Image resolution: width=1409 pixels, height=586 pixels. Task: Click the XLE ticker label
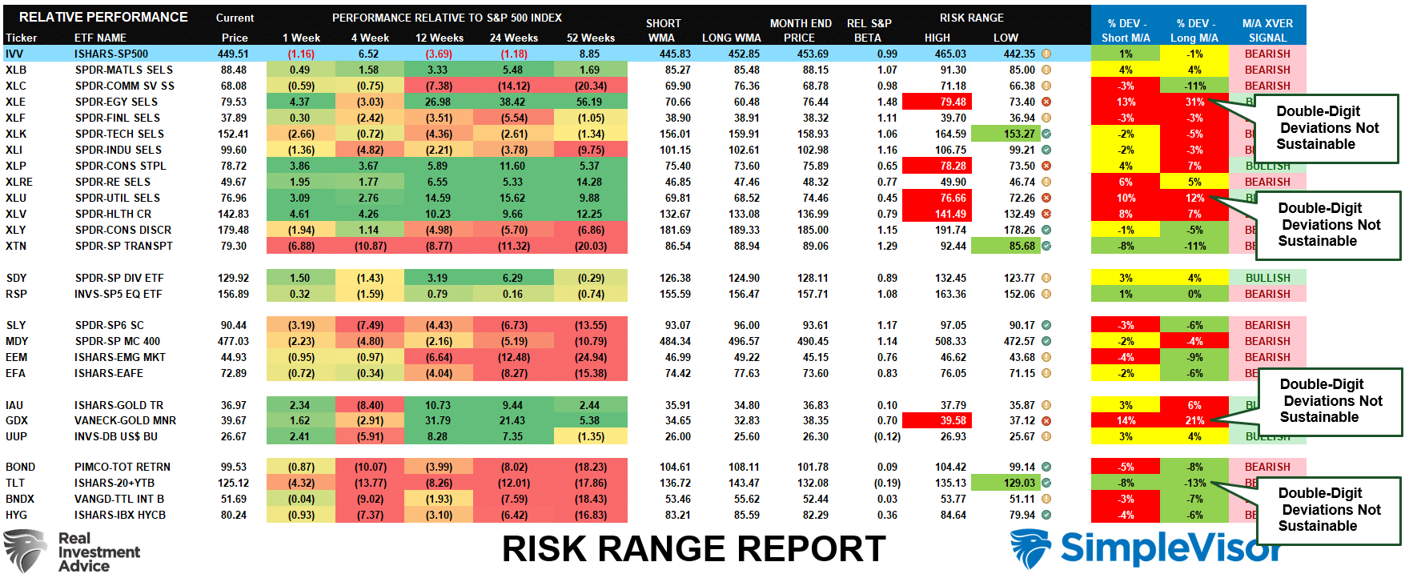tap(15, 102)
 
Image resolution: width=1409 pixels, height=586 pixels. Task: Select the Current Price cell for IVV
tap(233, 54)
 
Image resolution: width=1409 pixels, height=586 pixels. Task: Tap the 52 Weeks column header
tap(590, 38)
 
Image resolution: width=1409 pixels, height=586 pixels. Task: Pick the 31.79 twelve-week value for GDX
tap(437, 420)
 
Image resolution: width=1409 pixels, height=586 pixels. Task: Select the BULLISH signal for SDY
tap(1267, 278)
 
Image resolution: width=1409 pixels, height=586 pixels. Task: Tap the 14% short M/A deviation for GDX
tap(1126, 420)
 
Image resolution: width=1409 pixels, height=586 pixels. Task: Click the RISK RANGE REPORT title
tap(693, 549)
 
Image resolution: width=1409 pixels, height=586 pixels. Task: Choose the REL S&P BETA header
tap(869, 30)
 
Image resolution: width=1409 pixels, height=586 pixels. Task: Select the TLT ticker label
tap(15, 483)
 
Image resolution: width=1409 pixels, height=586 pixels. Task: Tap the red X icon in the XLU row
tap(1046, 198)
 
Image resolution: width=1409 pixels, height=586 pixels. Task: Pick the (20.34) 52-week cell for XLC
tap(590, 86)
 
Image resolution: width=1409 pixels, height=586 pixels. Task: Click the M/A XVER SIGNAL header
tap(1267, 30)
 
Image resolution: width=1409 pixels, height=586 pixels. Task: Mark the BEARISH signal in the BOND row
tap(1267, 467)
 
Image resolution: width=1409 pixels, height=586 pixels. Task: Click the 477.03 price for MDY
tap(233, 341)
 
